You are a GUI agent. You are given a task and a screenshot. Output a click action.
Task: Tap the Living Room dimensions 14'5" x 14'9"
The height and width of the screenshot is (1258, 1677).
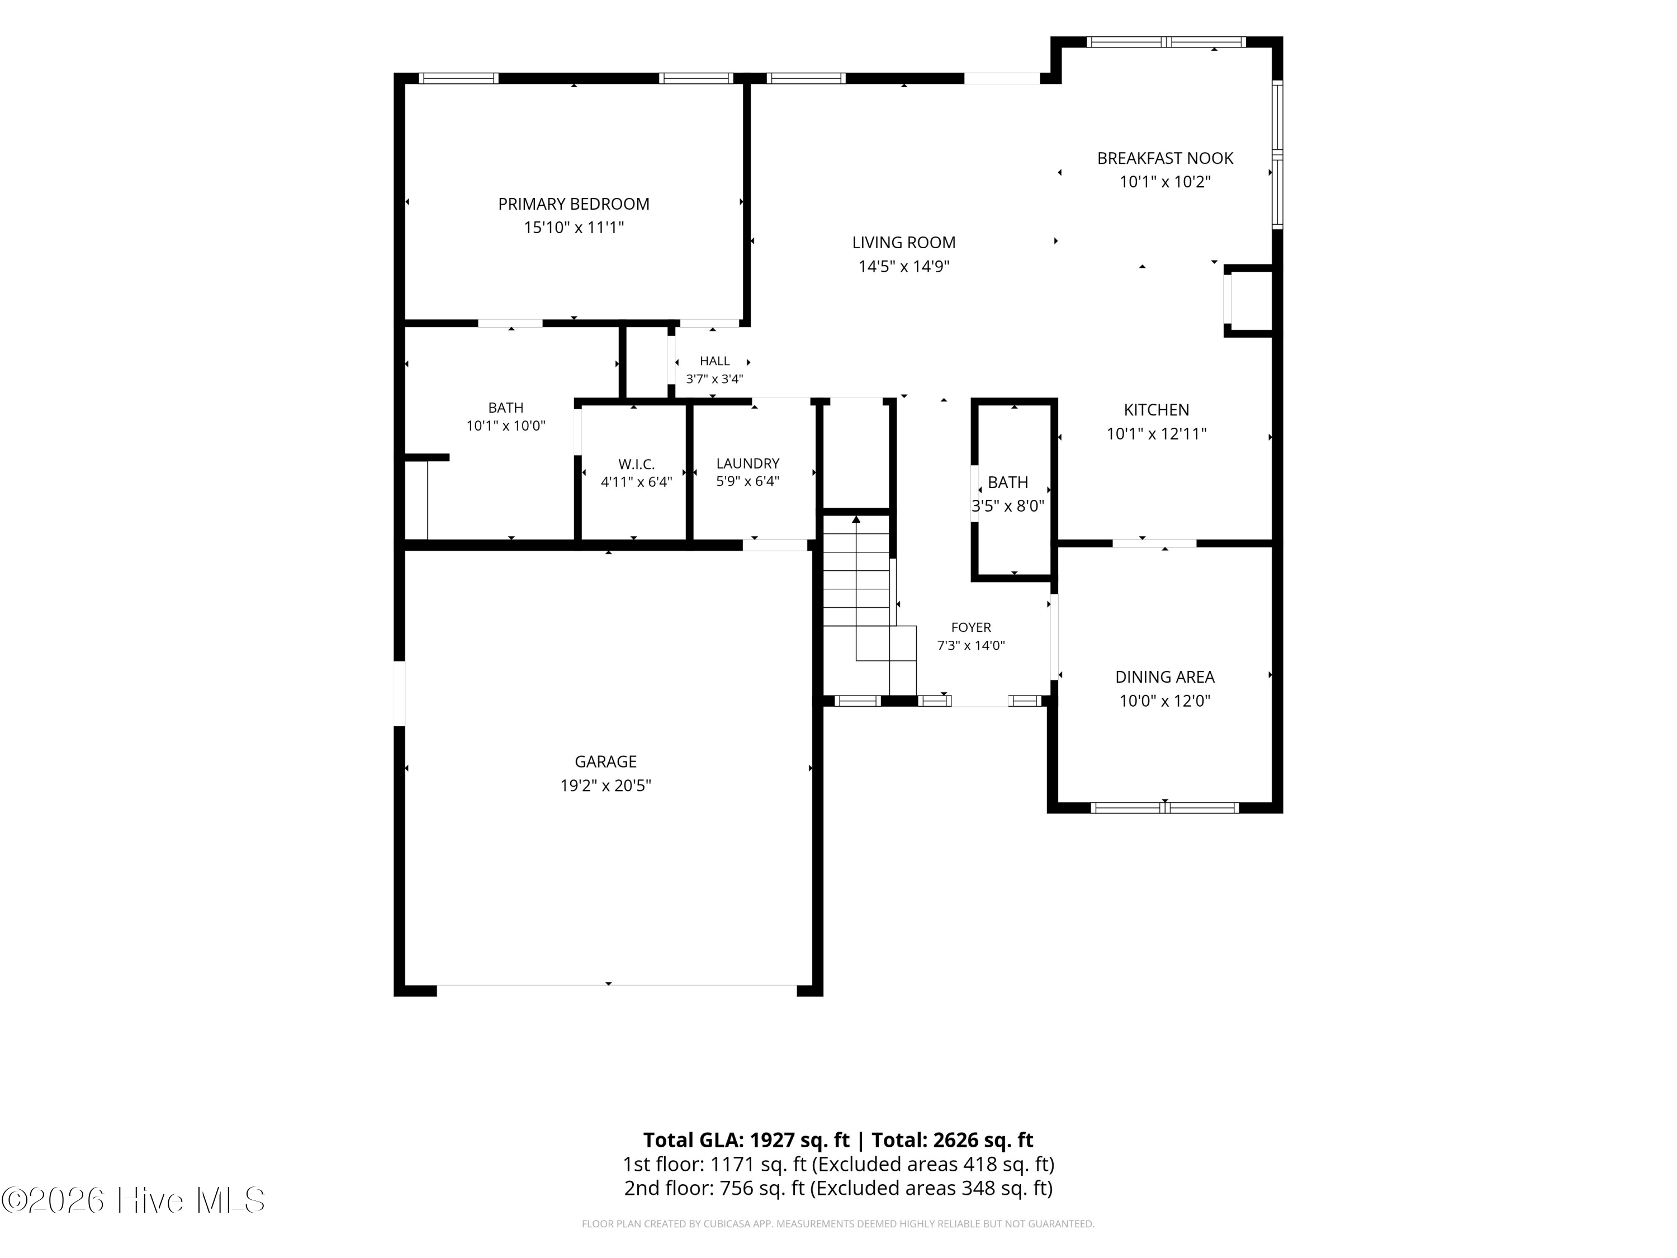click(904, 266)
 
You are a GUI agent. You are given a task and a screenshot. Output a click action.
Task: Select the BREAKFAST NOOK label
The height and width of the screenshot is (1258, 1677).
click(1166, 158)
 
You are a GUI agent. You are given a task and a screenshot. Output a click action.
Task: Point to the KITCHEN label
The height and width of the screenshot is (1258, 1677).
click(1156, 409)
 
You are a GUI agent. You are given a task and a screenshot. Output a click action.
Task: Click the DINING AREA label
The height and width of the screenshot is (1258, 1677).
click(1164, 677)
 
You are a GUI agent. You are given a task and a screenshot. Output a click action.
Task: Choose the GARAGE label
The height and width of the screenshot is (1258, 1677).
click(606, 762)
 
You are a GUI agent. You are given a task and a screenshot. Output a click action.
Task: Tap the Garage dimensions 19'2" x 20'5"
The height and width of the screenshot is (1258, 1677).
click(606, 786)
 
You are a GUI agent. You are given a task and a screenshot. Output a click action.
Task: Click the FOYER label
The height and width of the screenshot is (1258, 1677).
click(971, 627)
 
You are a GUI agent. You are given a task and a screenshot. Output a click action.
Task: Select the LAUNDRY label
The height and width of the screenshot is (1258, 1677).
click(747, 464)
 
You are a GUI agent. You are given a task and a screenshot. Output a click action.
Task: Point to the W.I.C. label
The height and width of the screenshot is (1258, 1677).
click(636, 464)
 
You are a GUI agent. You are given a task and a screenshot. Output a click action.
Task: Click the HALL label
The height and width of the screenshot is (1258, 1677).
click(715, 361)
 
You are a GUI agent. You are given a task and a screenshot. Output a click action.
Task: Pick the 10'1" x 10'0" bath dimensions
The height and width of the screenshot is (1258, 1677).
click(506, 426)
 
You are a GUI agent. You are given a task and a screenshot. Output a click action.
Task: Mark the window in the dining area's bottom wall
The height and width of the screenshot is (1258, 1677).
click(1166, 807)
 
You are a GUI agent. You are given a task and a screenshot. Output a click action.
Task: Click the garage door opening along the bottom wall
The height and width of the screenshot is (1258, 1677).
click(617, 985)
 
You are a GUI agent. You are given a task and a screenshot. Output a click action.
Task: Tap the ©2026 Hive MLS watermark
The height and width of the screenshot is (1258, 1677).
click(134, 1200)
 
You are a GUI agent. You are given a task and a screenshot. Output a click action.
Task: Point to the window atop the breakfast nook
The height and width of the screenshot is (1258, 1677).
click(1166, 42)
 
